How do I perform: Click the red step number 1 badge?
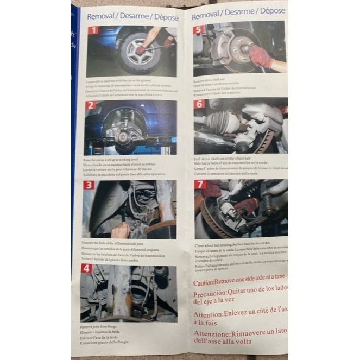pyautogui.click(x=93, y=30)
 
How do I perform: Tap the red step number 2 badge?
pyautogui.click(x=91, y=105)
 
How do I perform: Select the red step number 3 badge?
pyautogui.click(x=89, y=185)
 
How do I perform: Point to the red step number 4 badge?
pyautogui.click(x=86, y=268)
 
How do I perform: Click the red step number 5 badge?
pyautogui.click(x=199, y=30)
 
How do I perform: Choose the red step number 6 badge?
pyautogui.click(x=200, y=104)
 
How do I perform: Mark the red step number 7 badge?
pyautogui.click(x=200, y=185)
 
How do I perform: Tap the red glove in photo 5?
pyautogui.click(x=261, y=56)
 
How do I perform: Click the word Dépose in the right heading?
pyautogui.click(x=272, y=11)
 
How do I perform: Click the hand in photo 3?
pyautogui.click(x=120, y=230)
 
